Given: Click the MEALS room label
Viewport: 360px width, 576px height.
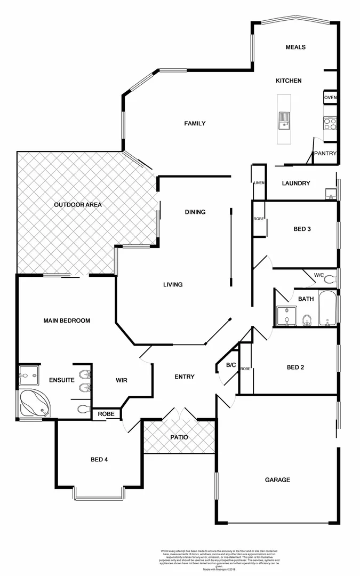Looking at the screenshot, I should (x=295, y=47).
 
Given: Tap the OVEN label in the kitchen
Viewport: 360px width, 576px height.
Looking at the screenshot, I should (x=330, y=98).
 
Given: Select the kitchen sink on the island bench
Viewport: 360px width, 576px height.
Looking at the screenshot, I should (x=283, y=121).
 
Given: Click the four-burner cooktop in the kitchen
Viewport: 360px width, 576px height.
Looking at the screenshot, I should (x=330, y=124).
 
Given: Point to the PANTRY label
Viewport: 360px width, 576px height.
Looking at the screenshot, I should (x=325, y=154).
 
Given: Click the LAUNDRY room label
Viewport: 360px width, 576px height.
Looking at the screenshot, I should (x=295, y=183).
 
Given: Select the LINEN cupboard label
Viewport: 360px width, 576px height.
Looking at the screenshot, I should (x=259, y=183).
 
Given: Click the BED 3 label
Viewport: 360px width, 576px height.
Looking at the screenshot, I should (x=302, y=229).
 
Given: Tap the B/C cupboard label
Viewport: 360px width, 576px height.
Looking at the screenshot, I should (x=231, y=365).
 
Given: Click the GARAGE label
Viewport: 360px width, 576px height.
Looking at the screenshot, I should (x=277, y=479).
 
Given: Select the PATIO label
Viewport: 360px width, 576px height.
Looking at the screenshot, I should (x=179, y=437).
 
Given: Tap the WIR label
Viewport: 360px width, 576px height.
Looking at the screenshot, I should (x=122, y=380).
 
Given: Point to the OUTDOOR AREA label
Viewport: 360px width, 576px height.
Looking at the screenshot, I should (x=78, y=204).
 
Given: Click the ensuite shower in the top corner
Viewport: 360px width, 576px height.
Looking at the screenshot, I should (x=28, y=375).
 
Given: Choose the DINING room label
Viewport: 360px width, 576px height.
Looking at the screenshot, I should (x=195, y=212).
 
